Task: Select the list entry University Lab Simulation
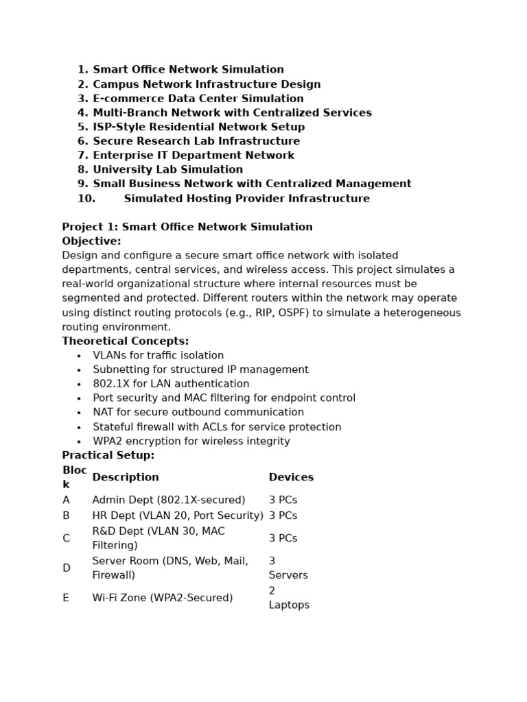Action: (x=167, y=170)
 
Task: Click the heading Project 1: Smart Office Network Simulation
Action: (x=187, y=227)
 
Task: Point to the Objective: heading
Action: (x=91, y=241)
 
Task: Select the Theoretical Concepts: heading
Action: (x=125, y=341)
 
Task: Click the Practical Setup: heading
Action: (x=108, y=455)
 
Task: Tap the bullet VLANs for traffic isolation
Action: (x=158, y=356)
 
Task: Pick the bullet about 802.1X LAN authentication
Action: (x=171, y=384)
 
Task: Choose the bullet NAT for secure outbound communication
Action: (x=198, y=413)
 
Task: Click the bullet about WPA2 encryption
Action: (x=191, y=441)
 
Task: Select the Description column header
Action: (x=125, y=477)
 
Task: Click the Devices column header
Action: (x=291, y=477)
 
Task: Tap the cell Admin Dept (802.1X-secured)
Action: (x=168, y=500)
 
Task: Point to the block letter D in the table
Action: (x=67, y=568)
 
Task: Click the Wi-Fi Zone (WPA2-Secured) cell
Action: (x=162, y=598)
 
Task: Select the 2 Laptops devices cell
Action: (x=288, y=598)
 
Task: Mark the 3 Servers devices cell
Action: (x=288, y=568)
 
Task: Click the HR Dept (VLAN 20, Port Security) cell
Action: (x=178, y=516)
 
